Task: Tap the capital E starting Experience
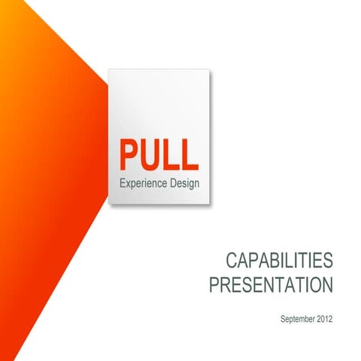(123, 184)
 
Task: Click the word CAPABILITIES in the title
(279, 262)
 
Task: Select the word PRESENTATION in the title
(270, 287)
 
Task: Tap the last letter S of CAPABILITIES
(326, 262)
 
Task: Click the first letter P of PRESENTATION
(214, 287)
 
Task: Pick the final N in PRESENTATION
(326, 287)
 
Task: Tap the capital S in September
(282, 320)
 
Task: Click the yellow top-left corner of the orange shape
(4, 4)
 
